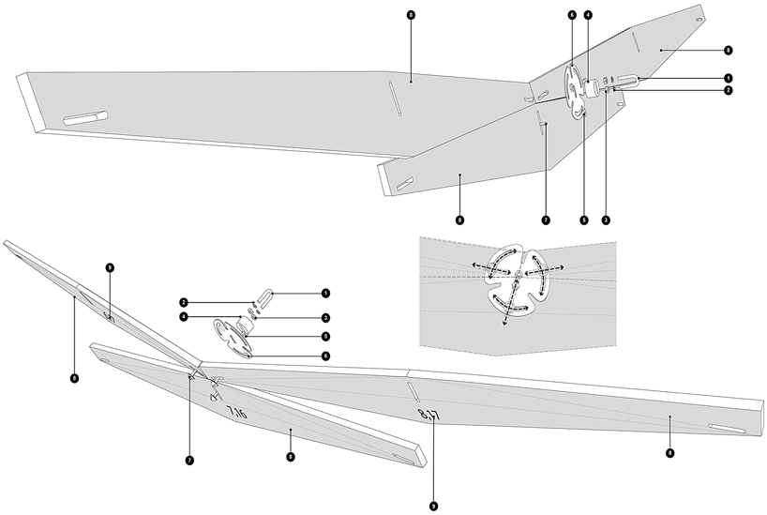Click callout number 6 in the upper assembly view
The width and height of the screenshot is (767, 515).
[571, 16]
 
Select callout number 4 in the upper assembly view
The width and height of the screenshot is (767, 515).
[588, 16]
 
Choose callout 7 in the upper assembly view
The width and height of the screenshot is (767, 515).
[544, 220]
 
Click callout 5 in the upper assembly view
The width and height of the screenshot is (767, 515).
[583, 220]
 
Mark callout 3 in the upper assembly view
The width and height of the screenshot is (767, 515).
[607, 220]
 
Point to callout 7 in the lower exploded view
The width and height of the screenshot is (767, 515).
[189, 461]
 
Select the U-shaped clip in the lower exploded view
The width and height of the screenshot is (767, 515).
[264, 300]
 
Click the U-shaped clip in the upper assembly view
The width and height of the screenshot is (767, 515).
[625, 82]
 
